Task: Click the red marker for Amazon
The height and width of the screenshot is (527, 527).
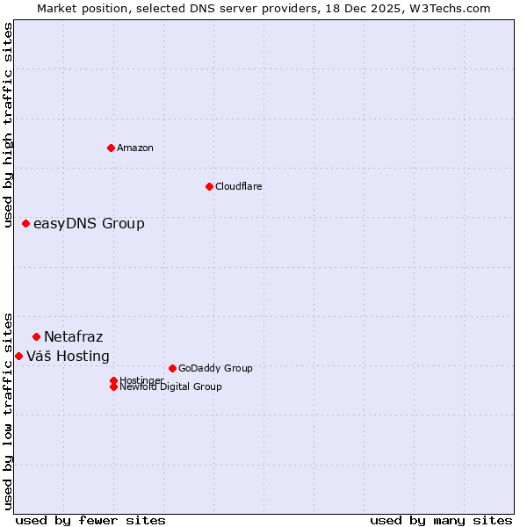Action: click(x=111, y=148)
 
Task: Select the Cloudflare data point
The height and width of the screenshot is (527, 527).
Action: click(x=209, y=186)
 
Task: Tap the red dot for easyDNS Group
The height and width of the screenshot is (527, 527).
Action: click(x=26, y=224)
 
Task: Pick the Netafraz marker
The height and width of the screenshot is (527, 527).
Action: click(x=36, y=336)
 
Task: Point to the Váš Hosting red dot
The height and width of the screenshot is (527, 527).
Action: click(x=19, y=356)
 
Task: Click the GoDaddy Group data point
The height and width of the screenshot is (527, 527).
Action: click(x=172, y=368)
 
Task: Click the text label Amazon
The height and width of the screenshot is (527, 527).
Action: click(x=135, y=148)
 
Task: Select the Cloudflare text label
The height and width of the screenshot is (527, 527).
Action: click(x=239, y=186)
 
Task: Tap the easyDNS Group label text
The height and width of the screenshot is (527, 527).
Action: click(x=89, y=224)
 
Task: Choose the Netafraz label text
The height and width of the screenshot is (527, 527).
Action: click(x=73, y=337)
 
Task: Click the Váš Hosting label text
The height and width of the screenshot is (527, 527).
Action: click(x=68, y=357)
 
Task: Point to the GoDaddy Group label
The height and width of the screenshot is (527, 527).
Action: click(x=215, y=369)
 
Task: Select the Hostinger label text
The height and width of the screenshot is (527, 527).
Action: click(x=141, y=380)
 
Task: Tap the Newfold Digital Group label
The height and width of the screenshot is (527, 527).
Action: click(x=170, y=387)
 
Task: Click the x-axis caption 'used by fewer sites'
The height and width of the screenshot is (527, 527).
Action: click(x=90, y=521)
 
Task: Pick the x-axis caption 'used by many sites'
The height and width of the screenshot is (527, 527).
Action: click(x=441, y=521)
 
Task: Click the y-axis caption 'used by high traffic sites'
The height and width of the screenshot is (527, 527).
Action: click(x=9, y=125)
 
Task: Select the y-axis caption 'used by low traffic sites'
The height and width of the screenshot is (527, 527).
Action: click(x=9, y=410)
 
